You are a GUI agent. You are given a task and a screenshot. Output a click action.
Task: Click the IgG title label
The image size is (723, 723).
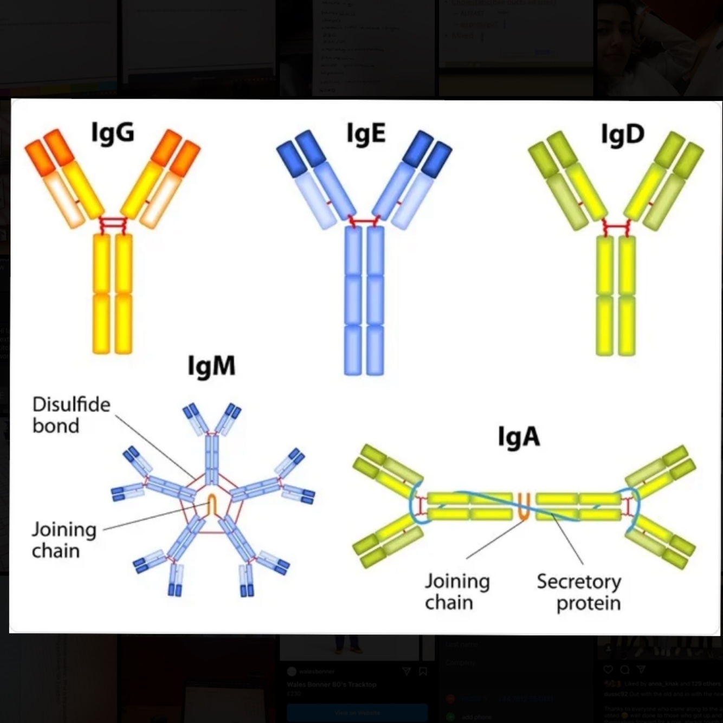113,133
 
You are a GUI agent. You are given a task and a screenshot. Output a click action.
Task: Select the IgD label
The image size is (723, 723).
623,134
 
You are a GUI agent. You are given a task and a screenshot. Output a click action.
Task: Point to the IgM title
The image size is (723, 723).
211,366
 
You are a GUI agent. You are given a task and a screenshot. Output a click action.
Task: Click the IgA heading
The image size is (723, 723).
519,437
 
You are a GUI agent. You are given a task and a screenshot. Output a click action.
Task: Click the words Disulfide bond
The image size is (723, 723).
70,415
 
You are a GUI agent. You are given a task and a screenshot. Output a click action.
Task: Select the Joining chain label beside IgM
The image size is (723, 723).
63,540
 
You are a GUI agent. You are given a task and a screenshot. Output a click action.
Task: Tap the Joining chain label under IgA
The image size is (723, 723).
456,592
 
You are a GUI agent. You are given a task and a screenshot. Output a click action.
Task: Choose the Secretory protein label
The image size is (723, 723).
579,592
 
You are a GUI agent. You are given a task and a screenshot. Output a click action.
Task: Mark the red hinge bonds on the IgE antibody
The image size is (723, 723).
364,221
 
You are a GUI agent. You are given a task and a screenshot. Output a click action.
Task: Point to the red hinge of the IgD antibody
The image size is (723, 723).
616,227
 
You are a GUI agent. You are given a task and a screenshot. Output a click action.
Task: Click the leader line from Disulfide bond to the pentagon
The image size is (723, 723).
154,448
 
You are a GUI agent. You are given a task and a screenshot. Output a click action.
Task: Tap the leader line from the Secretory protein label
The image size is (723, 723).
568,539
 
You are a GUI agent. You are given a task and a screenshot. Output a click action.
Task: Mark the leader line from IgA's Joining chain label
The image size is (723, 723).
493,540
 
